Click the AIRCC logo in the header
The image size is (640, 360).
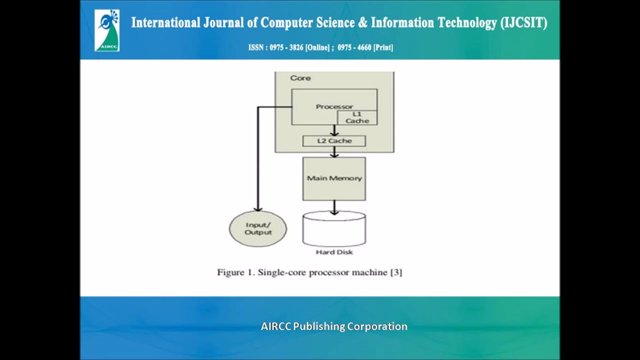pos(107,30)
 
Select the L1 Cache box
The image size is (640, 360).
pos(357,117)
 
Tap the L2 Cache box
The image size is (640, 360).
pos(334,141)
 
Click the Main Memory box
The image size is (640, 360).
pos(334,178)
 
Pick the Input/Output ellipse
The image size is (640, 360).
pos(258,229)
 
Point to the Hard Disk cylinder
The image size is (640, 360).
pos(334,228)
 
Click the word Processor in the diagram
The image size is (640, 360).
pos(334,106)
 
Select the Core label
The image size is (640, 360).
pos(300,78)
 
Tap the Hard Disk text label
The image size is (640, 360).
pos(334,252)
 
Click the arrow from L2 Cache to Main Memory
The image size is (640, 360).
pos(334,152)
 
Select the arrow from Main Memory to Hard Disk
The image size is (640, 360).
pos(334,207)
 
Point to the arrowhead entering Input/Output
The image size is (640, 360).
pos(258,208)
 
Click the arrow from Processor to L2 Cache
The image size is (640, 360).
pos(334,130)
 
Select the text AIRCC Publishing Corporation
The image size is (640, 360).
pos(334,326)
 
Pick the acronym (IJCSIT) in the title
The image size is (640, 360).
pos(523,23)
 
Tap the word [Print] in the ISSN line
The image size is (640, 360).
pos(383,47)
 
